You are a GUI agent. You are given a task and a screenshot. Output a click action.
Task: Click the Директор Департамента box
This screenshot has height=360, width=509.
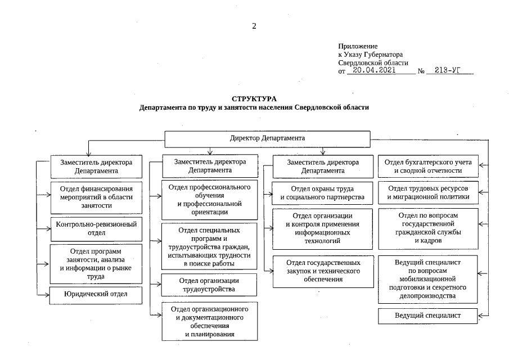coord(267,138)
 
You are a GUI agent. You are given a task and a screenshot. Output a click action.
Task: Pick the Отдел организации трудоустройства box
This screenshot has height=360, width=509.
coord(209,285)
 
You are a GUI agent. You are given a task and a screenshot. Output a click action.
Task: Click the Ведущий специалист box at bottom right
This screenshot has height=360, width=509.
coord(428,316)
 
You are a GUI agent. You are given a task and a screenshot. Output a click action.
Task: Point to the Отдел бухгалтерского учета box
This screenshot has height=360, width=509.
coord(428,166)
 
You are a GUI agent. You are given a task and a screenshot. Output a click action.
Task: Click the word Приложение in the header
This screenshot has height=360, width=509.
coord(358,46)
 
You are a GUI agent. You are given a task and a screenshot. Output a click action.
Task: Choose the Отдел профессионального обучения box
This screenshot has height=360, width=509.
coord(209,200)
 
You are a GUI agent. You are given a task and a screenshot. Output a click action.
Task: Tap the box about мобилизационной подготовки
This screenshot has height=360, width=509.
coord(428,278)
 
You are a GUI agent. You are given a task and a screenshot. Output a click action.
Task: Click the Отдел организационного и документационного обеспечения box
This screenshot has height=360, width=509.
coord(209,322)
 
